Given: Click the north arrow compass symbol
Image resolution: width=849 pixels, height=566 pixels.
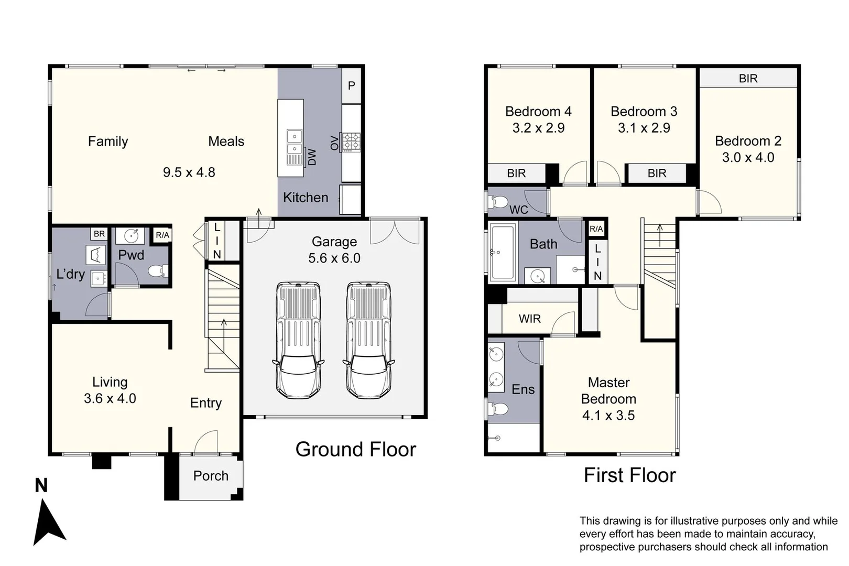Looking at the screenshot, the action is [49, 523].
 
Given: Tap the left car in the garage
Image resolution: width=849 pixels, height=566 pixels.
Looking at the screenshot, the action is [298, 341].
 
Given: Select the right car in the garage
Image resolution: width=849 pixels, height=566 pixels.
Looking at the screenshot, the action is [369, 341].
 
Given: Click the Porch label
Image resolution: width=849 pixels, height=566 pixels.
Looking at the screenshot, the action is [211, 476].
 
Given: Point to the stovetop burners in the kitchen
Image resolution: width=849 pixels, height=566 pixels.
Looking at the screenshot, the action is [351, 142].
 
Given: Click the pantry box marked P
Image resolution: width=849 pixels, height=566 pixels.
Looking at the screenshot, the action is [351, 85].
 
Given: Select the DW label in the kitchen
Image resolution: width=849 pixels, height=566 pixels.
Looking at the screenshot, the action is [311, 157].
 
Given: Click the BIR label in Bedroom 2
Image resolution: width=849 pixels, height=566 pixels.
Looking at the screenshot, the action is [748, 79].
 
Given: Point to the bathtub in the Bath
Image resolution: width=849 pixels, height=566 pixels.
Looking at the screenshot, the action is [503, 253].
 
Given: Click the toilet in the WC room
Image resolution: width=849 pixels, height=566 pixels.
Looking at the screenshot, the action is [498, 202].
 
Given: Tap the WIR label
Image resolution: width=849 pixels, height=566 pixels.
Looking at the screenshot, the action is [529, 319].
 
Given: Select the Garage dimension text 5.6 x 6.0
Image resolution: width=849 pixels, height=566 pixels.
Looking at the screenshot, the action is [334, 258].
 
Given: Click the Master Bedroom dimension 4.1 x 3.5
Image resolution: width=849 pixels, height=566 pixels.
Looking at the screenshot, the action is [608, 416].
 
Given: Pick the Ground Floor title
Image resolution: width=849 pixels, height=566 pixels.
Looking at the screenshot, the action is [355, 449].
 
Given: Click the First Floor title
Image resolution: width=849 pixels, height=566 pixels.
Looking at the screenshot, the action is [629, 475].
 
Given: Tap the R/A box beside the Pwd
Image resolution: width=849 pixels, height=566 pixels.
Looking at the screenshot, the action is [162, 235].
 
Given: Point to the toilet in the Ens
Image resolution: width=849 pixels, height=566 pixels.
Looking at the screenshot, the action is [498, 409].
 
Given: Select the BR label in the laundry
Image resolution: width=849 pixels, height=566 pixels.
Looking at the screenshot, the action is [99, 234].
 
